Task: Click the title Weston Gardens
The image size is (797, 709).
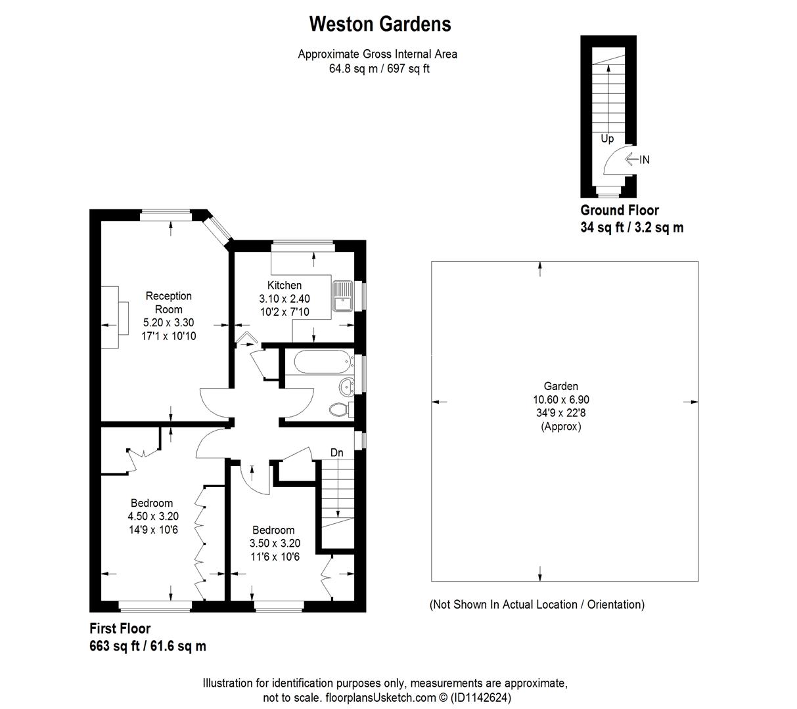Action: point(380,24)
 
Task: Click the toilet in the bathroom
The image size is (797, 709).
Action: point(340,410)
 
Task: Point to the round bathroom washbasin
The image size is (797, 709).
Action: point(346,386)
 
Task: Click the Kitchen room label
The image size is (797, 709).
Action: point(285,285)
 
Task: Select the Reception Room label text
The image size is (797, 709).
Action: point(169,303)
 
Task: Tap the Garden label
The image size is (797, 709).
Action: point(560,386)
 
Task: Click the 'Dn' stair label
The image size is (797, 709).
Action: point(336,452)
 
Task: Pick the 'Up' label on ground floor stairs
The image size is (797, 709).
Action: point(607,139)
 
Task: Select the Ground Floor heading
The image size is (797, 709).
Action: point(619,210)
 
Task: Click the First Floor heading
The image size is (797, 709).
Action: point(120,628)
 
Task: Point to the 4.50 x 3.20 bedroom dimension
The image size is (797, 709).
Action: point(153,516)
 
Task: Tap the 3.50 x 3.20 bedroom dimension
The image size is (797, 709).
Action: point(275,543)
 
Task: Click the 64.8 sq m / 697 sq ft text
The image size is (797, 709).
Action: point(379,68)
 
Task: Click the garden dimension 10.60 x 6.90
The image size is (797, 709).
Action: point(560,399)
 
